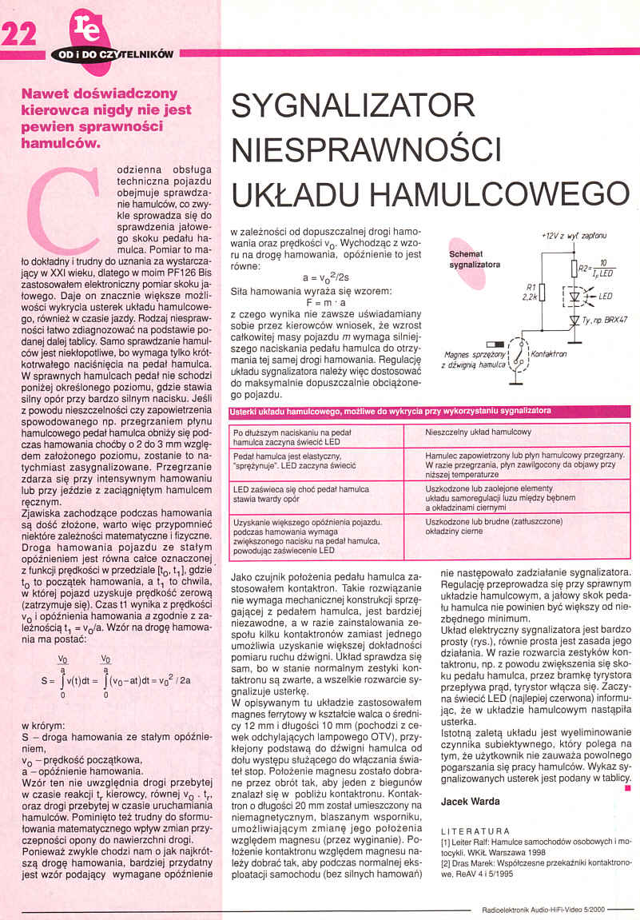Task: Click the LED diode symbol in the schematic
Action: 574,295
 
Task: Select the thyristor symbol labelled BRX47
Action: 574,321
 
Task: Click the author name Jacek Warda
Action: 470,800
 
